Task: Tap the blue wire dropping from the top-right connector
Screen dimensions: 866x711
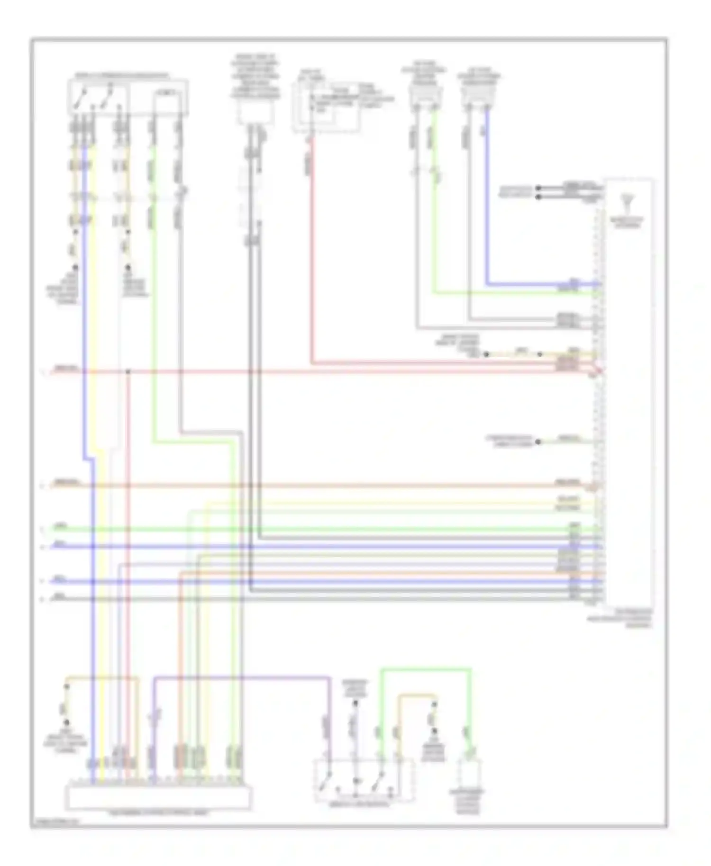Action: coord(487,199)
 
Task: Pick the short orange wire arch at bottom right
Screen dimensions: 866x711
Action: coord(416,695)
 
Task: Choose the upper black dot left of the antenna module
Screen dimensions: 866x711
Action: coord(538,188)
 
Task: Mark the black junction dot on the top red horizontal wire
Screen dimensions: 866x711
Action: coord(128,371)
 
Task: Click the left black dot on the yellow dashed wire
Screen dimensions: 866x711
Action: coord(486,354)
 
